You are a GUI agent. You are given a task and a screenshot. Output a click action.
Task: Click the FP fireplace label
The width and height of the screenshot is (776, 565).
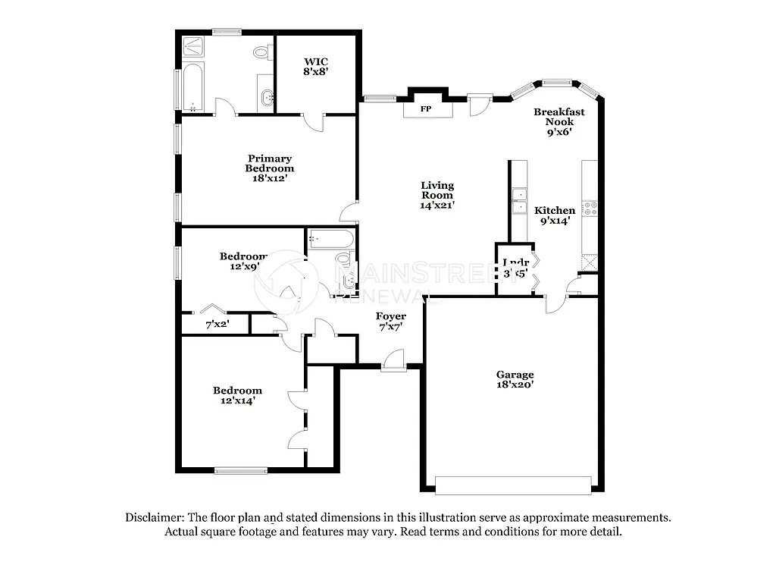click(x=426, y=109)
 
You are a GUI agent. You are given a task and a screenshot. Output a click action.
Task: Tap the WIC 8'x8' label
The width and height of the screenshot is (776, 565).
click(x=316, y=66)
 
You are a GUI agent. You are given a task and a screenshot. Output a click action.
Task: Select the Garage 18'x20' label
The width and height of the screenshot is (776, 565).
click(x=515, y=379)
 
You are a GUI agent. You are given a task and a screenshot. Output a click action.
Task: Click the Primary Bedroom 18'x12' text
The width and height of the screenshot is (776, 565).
click(x=269, y=168)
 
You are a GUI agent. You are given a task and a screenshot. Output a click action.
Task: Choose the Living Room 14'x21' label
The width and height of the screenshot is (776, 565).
click(x=437, y=195)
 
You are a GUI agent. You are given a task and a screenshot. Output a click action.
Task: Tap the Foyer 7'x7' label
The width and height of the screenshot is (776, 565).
click(x=391, y=321)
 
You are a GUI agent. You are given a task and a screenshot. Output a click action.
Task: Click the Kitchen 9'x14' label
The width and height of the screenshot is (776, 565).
click(x=555, y=215)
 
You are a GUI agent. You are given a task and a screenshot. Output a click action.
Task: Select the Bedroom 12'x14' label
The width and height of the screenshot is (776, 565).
click(x=237, y=395)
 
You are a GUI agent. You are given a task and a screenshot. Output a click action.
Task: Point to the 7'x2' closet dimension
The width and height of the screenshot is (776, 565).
click(x=217, y=325)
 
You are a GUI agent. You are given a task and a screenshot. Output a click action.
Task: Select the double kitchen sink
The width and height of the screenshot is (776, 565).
click(x=519, y=202)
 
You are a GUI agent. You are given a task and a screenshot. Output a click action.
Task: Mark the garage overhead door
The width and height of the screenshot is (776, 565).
click(x=513, y=485)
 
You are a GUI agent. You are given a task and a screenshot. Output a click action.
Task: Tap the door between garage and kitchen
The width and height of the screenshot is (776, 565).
click(x=555, y=304)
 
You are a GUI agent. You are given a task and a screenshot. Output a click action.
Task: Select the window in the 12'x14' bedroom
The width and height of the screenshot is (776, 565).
click(x=240, y=470)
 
